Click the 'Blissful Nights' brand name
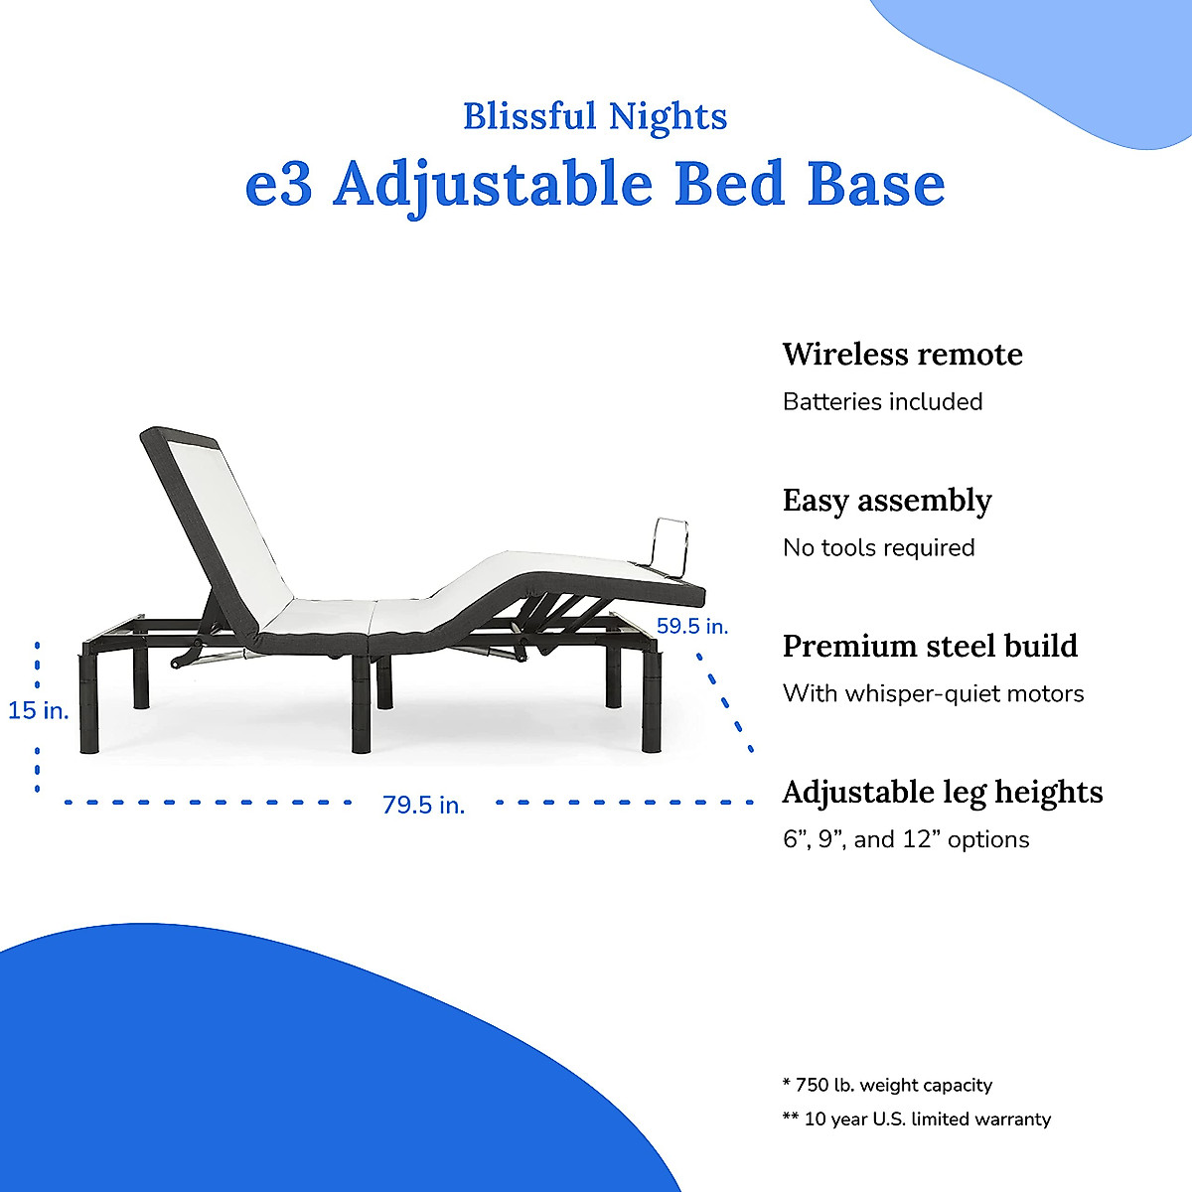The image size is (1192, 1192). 595,117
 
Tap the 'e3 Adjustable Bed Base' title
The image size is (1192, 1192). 595,185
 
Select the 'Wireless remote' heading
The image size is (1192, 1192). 903,355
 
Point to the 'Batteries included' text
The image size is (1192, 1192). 883,402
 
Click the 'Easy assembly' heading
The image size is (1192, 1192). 887,501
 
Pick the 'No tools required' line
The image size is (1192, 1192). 879,548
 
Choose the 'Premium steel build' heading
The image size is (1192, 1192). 930,647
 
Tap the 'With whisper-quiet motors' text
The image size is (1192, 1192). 934,694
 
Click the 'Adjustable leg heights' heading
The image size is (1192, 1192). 943,793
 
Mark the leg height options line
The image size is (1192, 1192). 906,840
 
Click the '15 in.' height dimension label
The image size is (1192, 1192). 39,711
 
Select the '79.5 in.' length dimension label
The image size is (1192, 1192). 424,806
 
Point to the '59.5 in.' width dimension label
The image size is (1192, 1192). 692,627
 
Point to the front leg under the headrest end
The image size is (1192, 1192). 89,702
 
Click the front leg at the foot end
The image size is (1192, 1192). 652,702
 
